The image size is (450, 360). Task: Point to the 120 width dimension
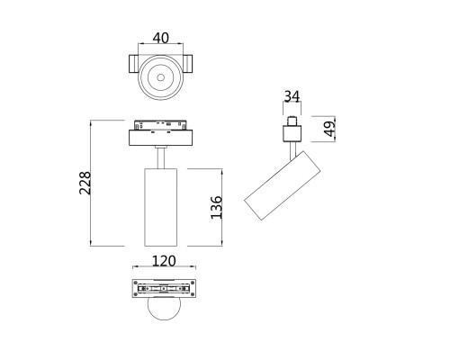(x=162, y=261)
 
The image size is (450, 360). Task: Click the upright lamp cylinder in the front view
(x=161, y=206)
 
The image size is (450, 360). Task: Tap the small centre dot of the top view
(x=161, y=79)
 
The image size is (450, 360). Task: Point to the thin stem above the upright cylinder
(x=161, y=157)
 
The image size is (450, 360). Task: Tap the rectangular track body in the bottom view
(x=162, y=290)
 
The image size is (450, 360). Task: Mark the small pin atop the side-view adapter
(x=292, y=120)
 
